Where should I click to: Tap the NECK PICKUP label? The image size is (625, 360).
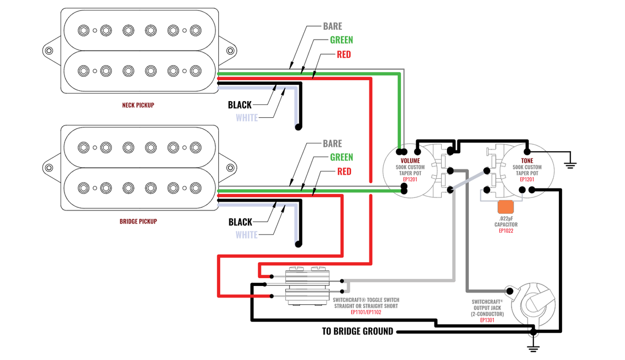pyautogui.click(x=138, y=105)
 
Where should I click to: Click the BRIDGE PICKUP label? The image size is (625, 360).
pyautogui.click(x=138, y=221)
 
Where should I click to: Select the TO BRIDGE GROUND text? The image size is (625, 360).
pyautogui.click(x=357, y=331)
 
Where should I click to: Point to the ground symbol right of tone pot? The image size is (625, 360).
pyautogui.click(x=570, y=164)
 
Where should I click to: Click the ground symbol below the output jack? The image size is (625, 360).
pyautogui.click(x=532, y=348)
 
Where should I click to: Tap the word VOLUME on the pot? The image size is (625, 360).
pyautogui.click(x=410, y=160)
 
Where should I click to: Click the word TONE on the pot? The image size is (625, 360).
pyautogui.click(x=527, y=160)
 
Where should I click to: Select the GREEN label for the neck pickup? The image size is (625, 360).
pyautogui.click(x=341, y=40)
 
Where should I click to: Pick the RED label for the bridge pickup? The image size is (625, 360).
pyautogui.click(x=344, y=172)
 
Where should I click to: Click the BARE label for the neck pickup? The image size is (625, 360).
pyautogui.click(x=332, y=26)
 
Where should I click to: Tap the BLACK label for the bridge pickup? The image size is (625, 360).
pyautogui.click(x=240, y=222)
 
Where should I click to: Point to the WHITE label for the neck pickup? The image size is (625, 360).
pyautogui.click(x=247, y=118)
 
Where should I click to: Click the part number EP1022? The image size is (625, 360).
pyautogui.click(x=506, y=231)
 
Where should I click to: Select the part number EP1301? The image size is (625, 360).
pyautogui.click(x=487, y=320)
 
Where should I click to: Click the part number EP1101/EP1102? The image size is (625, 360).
pyautogui.click(x=366, y=313)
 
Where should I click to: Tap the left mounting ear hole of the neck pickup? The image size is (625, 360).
pyautogui.click(x=49, y=51)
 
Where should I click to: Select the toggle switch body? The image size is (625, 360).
pyautogui.click(x=307, y=285)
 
